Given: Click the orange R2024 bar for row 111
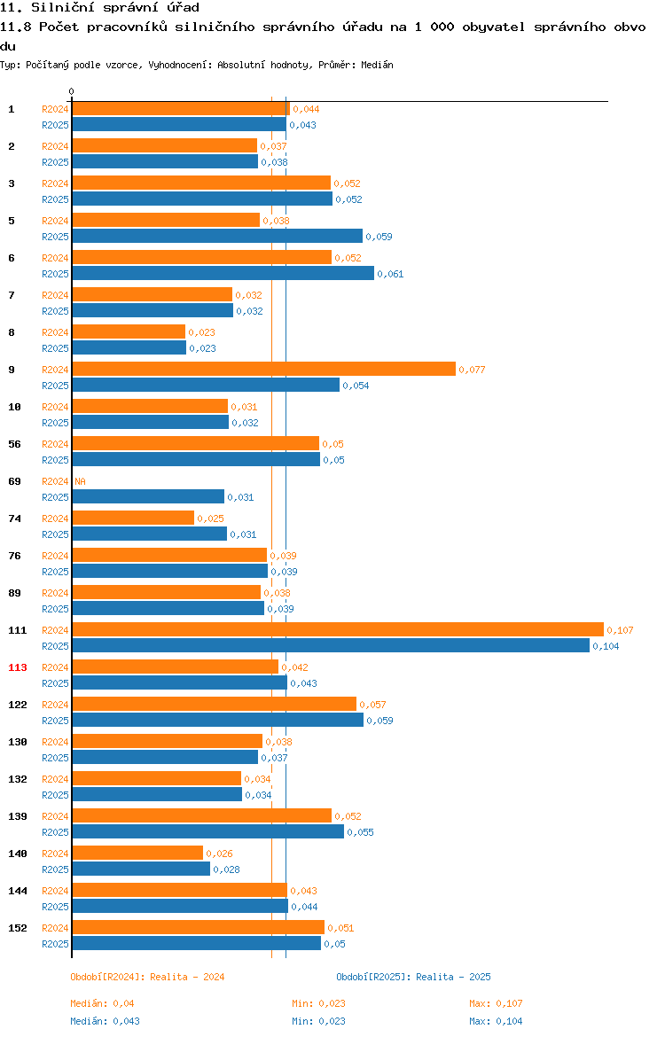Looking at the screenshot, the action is click(338, 630).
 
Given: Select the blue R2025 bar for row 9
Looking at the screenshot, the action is click(206, 386).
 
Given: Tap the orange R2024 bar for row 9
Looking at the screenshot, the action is click(264, 370).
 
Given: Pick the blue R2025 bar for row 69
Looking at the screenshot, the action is click(148, 497).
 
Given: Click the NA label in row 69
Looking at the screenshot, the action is click(80, 481).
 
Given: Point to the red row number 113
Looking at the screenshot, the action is click(17, 667).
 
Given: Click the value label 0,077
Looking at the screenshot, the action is click(472, 370).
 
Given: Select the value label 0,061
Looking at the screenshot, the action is click(390, 274).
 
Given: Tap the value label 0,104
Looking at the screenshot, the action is click(606, 646).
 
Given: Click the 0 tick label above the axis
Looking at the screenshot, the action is click(72, 92).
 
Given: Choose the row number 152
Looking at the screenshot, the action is click(17, 928).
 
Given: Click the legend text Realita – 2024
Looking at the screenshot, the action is click(187, 977).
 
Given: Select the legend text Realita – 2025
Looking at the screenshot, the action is click(453, 977).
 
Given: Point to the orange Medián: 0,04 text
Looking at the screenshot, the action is click(102, 1003).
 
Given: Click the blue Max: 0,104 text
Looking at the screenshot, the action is click(496, 1021).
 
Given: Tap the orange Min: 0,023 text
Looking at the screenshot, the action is click(319, 1003).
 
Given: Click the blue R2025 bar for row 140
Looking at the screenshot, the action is click(141, 869).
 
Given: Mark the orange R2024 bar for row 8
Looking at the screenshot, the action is click(129, 332).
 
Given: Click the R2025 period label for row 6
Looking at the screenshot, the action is click(55, 274).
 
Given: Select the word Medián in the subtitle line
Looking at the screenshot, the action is click(377, 65).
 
